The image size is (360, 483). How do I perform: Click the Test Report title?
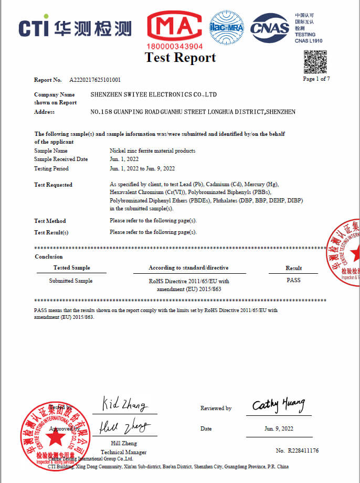point(180,58)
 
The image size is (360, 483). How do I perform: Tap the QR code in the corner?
point(316,62)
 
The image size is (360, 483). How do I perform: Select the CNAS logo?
point(269,28)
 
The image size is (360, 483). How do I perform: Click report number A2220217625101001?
point(95,80)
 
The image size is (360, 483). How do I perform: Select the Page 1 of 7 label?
point(316,79)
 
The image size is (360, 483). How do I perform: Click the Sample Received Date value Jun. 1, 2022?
point(125,159)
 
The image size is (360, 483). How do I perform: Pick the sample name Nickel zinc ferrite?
point(152,151)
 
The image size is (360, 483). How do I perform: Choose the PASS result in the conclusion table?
point(293,280)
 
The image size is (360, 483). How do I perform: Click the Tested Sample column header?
point(71,267)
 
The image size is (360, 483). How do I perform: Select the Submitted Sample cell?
point(70,281)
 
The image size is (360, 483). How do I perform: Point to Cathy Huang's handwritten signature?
point(278,405)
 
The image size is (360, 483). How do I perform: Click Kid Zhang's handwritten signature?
point(124,405)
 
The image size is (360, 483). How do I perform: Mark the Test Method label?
point(50,221)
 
